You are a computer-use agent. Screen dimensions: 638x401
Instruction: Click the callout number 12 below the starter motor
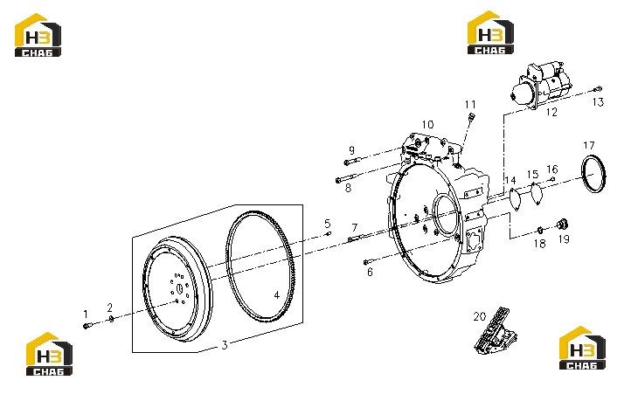(551, 112)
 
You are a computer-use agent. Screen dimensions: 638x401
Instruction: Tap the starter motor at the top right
(542, 85)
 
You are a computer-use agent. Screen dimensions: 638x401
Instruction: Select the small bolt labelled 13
(598, 89)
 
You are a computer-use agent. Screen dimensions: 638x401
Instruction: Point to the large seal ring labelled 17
(594, 173)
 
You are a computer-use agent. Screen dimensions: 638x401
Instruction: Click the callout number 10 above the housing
(427, 124)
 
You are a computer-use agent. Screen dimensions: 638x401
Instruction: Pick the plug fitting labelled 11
(472, 117)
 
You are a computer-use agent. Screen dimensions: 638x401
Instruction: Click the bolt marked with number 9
(353, 161)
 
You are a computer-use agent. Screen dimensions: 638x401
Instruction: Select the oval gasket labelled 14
(516, 200)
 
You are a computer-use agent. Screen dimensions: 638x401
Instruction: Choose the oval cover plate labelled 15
(537, 194)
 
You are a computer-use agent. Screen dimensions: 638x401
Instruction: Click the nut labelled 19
(562, 224)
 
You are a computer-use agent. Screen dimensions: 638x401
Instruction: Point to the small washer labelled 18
(540, 231)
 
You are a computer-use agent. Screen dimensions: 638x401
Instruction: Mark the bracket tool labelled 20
(496, 330)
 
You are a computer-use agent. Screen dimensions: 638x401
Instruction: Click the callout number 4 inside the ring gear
(277, 295)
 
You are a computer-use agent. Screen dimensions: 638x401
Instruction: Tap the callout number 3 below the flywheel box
(225, 345)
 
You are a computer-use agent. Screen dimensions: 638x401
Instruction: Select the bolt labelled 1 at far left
(87, 325)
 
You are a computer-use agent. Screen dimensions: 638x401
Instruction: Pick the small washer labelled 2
(111, 318)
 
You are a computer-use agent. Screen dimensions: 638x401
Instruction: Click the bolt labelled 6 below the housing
(368, 262)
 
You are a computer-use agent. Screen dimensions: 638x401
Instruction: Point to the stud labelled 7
(354, 239)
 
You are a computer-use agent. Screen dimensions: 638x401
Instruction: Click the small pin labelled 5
(328, 234)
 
